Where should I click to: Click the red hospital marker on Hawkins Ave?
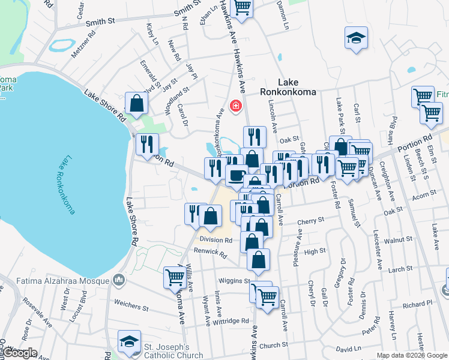[236, 106]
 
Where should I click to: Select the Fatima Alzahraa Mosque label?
[60, 280]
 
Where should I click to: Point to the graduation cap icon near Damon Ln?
[356, 38]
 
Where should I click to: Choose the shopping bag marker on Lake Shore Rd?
[137, 103]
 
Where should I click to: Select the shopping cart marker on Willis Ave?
[175, 277]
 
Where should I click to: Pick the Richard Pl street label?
[418, 305]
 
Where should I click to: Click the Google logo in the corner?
[20, 353]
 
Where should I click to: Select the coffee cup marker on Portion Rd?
[236, 175]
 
